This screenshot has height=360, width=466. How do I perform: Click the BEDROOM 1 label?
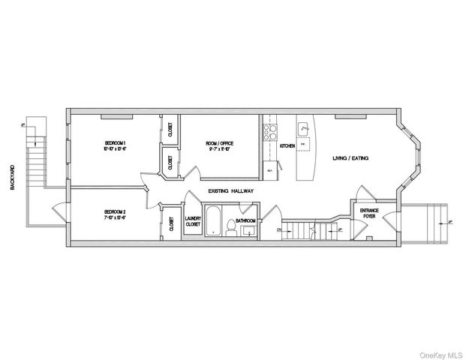(115, 142)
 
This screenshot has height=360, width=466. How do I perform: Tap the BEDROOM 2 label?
(115, 212)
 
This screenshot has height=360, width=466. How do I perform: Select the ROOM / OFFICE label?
(220, 142)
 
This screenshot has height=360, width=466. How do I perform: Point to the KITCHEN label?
(287, 146)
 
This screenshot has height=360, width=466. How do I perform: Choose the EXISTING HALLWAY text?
(231, 191)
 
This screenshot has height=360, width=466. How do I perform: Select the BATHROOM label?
(245, 221)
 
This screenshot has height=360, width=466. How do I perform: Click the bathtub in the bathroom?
(214, 222)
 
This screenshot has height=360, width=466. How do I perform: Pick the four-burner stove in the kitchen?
(268, 133)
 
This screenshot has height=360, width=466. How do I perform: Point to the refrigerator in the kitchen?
(269, 171)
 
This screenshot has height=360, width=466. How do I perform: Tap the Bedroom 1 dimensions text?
(115, 148)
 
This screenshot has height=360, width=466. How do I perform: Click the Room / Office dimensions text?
(220, 148)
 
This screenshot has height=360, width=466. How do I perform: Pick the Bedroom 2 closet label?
(171, 224)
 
